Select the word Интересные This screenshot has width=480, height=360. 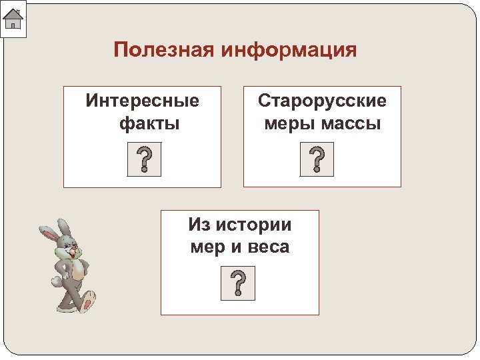pyautogui.click(x=143, y=101)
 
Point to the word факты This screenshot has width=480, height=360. pyautogui.click(x=149, y=123)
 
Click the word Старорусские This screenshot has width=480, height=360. pyautogui.click(x=322, y=101)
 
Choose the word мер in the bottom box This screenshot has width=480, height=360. pyautogui.click(x=205, y=247)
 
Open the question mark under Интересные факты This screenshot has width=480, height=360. pyautogui.click(x=144, y=161)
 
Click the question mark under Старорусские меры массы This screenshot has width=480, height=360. pyautogui.click(x=317, y=161)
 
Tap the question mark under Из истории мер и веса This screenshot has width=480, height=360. pyautogui.click(x=238, y=284)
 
